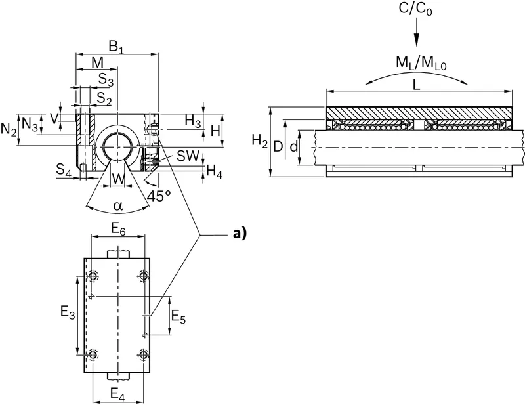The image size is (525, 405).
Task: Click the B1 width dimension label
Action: pyautogui.click(x=116, y=47)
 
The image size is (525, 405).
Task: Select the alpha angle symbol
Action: pyautogui.click(x=118, y=205)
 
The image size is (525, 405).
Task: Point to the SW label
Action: pyautogui.click(x=188, y=156)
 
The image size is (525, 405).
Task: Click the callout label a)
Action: pyautogui.click(x=240, y=234)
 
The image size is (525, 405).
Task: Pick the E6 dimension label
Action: pyautogui.click(x=118, y=229)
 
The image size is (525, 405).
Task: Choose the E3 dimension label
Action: pyautogui.click(x=68, y=313)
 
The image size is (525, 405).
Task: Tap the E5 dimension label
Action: pyautogui.click(x=178, y=316)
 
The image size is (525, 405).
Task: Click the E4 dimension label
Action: pyautogui.click(x=117, y=394)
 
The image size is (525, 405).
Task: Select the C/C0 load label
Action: pyautogui.click(x=415, y=9)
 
